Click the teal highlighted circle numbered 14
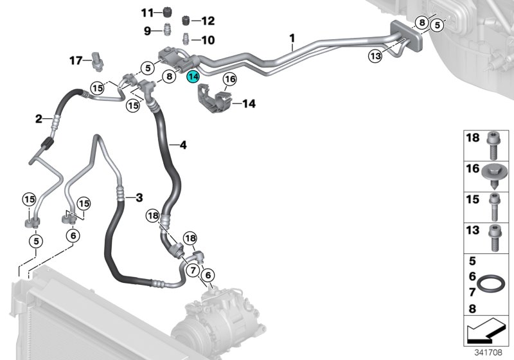pyautogui.click(x=193, y=78)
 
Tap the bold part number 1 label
pyautogui.click(x=292, y=39)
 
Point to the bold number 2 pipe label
pyautogui.click(x=39, y=118)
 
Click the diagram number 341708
pyautogui.click(x=488, y=351)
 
